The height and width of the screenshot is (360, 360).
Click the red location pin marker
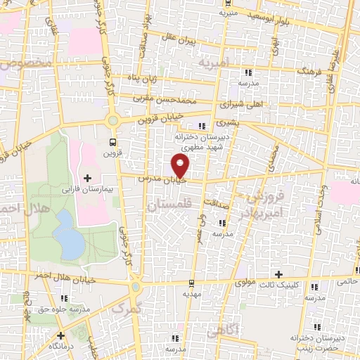pos(181,166)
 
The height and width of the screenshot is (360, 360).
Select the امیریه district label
pos(214,63)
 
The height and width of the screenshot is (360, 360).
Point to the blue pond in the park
pos(68,234)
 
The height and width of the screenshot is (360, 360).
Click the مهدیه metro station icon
pos(191,284)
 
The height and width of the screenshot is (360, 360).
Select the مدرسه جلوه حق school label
pos(65,309)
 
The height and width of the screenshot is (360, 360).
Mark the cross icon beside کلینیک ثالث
pos(278,274)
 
